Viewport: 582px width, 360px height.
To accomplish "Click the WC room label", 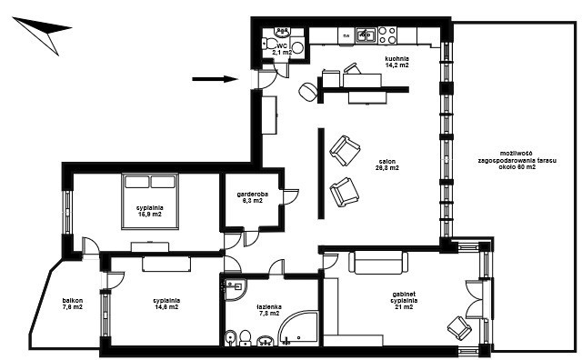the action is point(282,49).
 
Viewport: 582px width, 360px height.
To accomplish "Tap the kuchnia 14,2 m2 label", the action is point(396,62).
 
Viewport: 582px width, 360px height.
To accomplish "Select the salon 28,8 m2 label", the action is point(387,165).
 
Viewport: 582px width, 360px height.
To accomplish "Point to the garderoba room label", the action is point(253,197).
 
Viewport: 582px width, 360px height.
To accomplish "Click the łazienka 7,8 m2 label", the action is point(269,310).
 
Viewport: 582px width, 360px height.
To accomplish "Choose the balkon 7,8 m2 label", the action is point(73,304).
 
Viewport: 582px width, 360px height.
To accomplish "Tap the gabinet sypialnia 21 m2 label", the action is point(404,300).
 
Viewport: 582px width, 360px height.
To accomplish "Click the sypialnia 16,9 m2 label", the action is point(149,211).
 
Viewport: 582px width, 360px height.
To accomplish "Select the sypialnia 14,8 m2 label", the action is point(166,304).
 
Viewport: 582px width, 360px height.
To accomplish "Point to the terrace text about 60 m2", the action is point(517,160).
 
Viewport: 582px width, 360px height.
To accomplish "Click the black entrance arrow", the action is point(215,79).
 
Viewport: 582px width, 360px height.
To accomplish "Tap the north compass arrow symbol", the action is point(42,33).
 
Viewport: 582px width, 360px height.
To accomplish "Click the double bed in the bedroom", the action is point(150,201).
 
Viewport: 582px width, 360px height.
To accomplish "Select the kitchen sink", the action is point(366,35).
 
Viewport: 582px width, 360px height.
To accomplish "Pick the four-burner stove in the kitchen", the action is point(387,35).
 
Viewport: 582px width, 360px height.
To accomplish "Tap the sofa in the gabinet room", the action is point(378,263).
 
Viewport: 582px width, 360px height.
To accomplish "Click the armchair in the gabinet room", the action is point(459,327).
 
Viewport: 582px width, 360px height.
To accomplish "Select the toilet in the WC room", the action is point(268,44).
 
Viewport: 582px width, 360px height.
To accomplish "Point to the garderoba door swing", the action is point(291,197).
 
